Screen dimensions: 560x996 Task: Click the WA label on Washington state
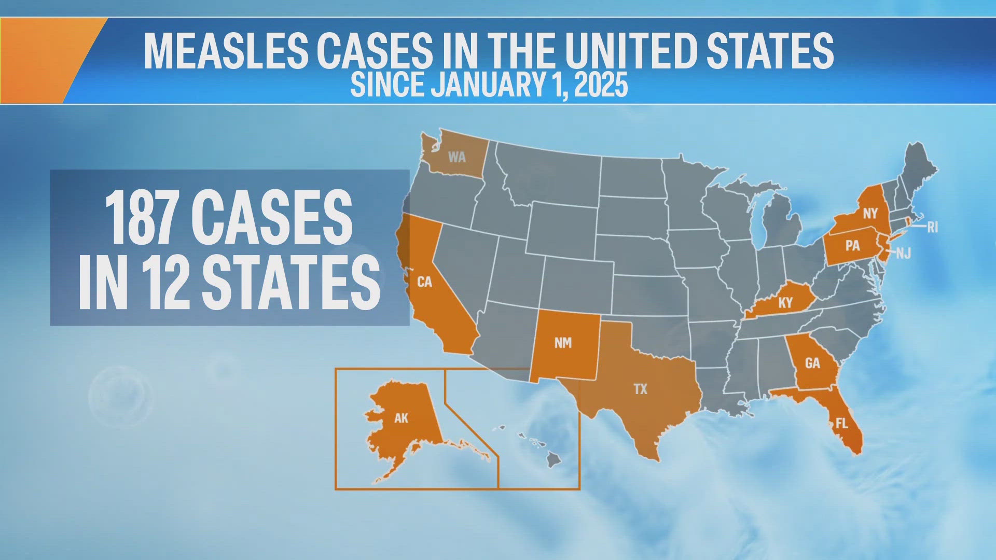point(457,157)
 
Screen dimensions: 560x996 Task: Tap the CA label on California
point(424,282)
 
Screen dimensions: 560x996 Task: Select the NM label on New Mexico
point(563,343)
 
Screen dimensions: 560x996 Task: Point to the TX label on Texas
point(641,389)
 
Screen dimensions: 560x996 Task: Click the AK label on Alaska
point(401,418)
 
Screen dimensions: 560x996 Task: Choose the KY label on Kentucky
point(785,303)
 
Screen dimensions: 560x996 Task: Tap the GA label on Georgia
point(812,363)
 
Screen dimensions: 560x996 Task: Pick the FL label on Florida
point(841,424)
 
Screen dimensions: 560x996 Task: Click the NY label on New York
point(870,214)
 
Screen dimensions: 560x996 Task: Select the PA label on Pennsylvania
point(852,245)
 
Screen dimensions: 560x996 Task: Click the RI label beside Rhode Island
point(932,227)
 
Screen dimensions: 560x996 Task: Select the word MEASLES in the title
point(226,50)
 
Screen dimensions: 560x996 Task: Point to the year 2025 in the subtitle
point(601,85)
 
